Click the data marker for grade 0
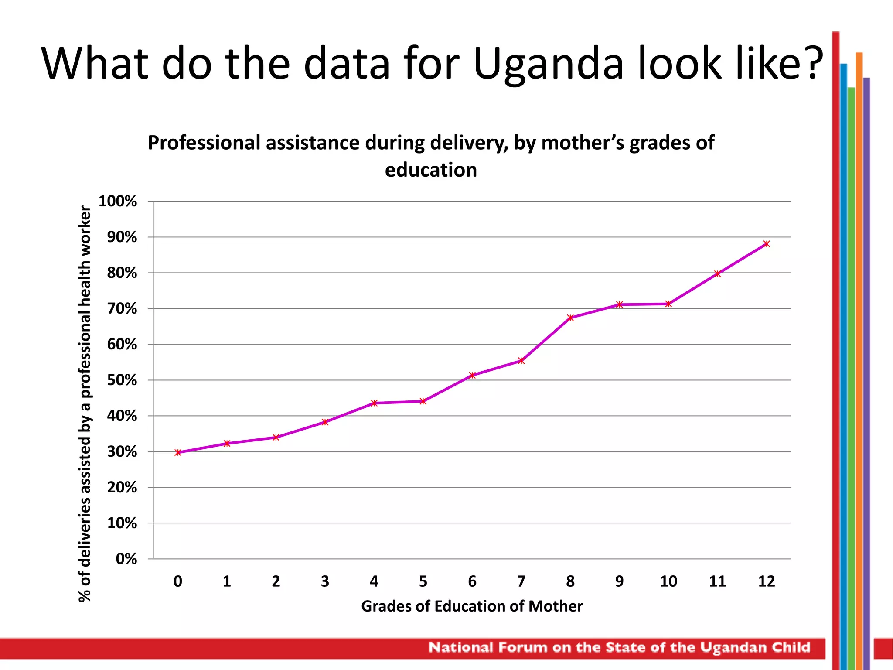pyautogui.click(x=178, y=452)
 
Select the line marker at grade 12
pyautogui.click(x=767, y=244)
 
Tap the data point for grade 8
pyautogui.click(x=570, y=318)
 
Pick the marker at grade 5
pyautogui.click(x=423, y=401)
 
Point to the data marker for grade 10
pyautogui.click(x=668, y=304)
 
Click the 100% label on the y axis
pyautogui.click(x=118, y=202)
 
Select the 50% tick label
pyautogui.click(x=122, y=380)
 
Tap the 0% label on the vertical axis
pyautogui.click(x=126, y=559)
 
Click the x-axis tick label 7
pyautogui.click(x=521, y=581)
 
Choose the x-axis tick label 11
pyautogui.click(x=717, y=581)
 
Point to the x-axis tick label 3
pyautogui.click(x=325, y=581)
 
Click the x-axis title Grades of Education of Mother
pyautogui.click(x=472, y=606)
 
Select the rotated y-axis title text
pyautogui.click(x=85, y=403)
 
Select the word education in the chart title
pyautogui.click(x=431, y=170)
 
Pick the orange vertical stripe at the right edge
pyautogui.click(x=859, y=349)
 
